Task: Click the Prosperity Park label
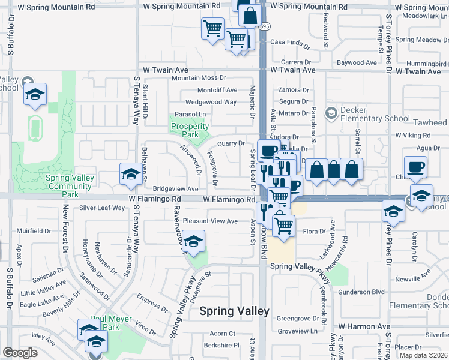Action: point(190,130)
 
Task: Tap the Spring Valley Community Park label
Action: point(70,186)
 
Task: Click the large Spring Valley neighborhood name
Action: point(234,311)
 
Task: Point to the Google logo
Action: point(20,353)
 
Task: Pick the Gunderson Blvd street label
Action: point(361,292)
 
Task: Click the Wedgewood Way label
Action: point(211,102)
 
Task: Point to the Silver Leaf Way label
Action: point(102,208)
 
